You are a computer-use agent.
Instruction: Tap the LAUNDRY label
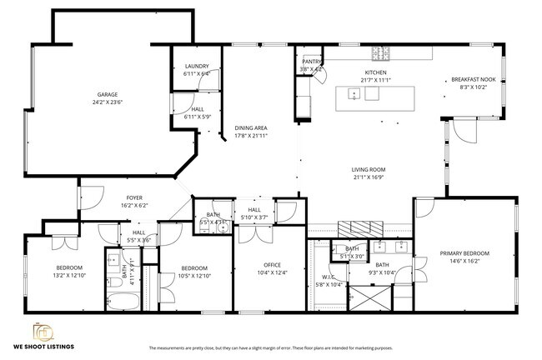click(196, 66)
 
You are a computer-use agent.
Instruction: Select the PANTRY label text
click(311, 62)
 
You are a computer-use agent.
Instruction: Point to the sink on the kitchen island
click(350, 93)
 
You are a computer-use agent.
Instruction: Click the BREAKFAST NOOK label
click(473, 79)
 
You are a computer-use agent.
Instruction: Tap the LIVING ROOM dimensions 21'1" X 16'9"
click(369, 177)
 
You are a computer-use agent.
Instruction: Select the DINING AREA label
click(250, 127)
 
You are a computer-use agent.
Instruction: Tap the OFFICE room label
click(272, 265)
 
